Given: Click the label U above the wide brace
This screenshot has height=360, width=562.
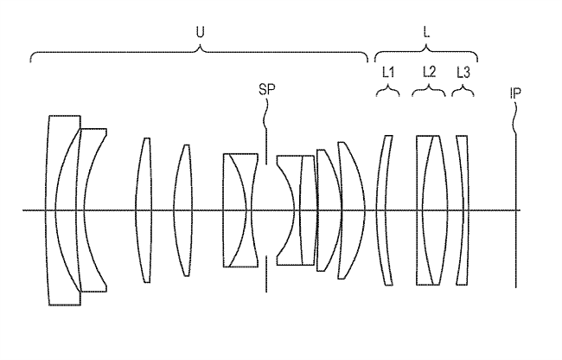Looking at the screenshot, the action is (200, 32).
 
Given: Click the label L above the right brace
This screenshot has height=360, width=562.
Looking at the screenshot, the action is (426, 32).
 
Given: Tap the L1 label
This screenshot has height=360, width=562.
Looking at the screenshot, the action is (388, 73).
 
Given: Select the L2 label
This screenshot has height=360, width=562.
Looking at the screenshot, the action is (429, 72).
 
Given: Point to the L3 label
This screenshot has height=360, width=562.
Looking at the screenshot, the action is (463, 73).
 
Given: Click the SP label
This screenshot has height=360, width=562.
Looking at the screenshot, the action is (267, 89).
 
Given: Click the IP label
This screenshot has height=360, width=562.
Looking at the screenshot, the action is (515, 93).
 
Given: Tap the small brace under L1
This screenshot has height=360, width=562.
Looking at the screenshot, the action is (388, 90).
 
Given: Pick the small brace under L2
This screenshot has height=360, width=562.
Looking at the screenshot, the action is (429, 90).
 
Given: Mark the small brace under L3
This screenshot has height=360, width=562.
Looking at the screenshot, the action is (463, 90).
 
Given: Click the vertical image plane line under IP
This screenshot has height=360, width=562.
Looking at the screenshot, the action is (516, 210).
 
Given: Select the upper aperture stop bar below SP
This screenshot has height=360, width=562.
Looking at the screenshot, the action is (266, 146).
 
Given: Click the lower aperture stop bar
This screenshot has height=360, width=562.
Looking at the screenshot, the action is (266, 274).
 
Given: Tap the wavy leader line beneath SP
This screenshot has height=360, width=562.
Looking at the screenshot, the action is (266, 112).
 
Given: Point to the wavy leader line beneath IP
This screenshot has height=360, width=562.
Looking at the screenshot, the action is (515, 118).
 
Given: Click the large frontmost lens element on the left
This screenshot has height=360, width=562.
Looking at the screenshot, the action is (51, 210).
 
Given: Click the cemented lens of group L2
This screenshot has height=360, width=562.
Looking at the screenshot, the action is (432, 210).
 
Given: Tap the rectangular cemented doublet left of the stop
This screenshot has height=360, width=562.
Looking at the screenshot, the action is (240, 210).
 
